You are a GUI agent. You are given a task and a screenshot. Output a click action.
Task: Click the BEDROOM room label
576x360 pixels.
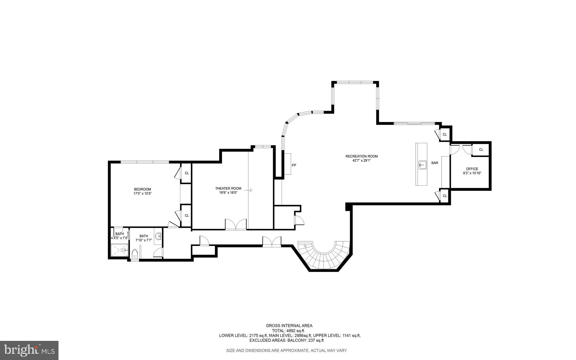142,189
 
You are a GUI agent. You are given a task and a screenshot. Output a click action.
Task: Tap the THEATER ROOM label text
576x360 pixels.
228,188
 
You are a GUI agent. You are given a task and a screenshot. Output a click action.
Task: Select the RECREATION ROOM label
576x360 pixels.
361,156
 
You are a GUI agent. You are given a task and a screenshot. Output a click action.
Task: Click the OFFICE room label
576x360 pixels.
472,169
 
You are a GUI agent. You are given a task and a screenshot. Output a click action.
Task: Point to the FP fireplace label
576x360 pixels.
294,165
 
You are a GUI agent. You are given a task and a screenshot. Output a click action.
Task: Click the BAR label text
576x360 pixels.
435,163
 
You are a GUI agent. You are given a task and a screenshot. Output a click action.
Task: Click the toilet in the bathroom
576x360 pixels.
135,253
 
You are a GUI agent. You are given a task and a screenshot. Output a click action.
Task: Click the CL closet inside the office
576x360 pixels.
481,150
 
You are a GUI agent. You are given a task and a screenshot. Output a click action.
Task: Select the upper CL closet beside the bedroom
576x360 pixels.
187,173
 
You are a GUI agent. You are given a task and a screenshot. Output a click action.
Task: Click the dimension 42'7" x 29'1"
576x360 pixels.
361,161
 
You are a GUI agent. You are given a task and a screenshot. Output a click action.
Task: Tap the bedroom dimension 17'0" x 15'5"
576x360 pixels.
142,194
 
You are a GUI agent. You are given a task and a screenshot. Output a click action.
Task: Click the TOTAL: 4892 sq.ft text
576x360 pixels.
288,331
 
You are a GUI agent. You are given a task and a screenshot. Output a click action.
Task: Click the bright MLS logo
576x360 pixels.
29,350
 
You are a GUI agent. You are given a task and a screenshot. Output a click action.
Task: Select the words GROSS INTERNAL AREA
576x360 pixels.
289,326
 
